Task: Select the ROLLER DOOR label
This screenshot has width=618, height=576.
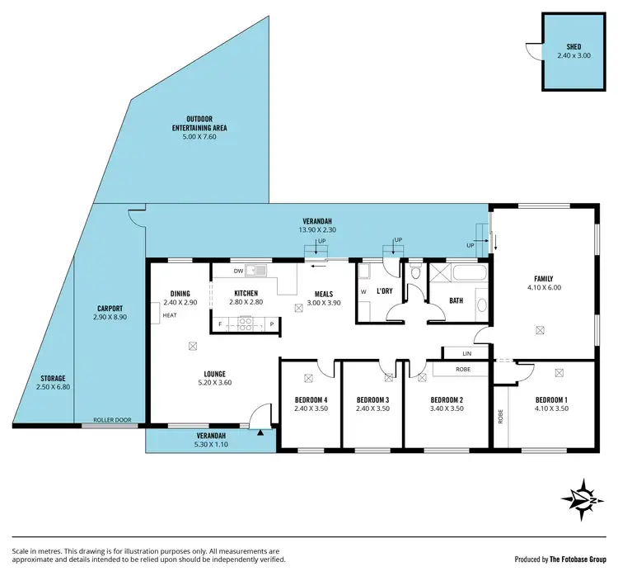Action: pos(112,420)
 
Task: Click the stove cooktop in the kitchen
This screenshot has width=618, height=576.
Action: pos(245,323)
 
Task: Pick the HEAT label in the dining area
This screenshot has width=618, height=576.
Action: pos(170,315)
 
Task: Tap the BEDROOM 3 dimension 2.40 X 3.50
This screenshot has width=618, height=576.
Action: pos(372,408)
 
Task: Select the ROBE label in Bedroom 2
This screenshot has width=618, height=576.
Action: pos(463,370)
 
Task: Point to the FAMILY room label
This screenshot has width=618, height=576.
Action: pos(543,279)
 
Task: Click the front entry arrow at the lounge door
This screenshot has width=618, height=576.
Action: pos(260,432)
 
